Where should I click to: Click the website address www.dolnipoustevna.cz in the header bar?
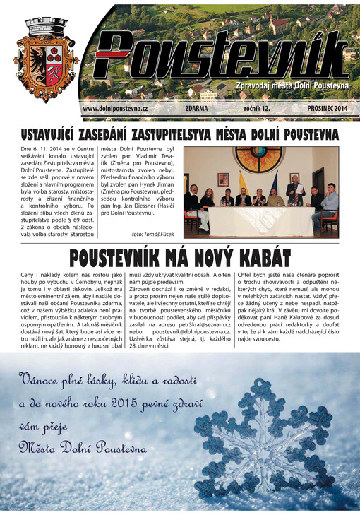(114, 109)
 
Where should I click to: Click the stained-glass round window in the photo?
(258, 160)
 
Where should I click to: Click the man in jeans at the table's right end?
(328, 206)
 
